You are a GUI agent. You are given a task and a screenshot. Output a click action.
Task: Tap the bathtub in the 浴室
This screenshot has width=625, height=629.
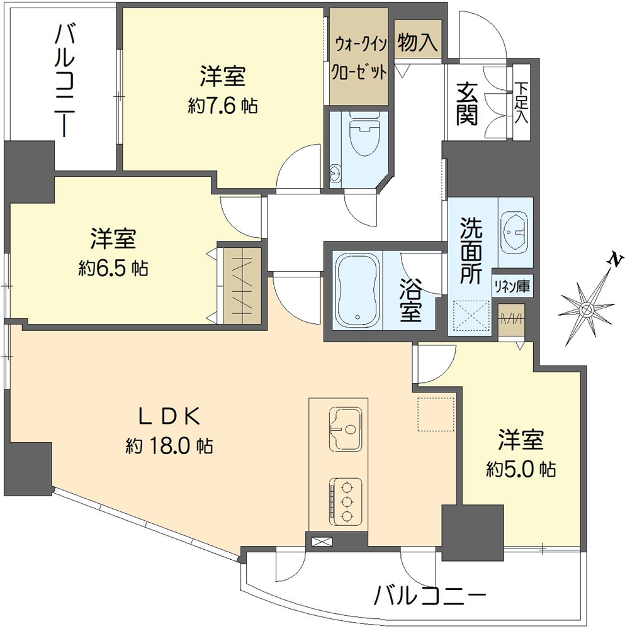point(358,289)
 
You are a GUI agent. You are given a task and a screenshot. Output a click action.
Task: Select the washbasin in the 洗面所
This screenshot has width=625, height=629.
point(515,231)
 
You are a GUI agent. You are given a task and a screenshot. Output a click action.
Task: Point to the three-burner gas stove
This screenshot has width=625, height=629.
point(345,501)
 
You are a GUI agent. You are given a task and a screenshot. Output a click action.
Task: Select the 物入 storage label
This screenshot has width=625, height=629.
point(417,43)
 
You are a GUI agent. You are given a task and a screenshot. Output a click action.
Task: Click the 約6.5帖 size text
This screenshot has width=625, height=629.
point(113,269)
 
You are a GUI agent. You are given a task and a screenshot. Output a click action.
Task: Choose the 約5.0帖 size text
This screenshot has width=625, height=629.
point(521,469)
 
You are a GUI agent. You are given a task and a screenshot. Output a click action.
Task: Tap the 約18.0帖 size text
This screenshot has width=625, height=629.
point(169,446)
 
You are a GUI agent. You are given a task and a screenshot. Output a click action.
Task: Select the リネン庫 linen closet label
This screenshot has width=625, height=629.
point(511,287)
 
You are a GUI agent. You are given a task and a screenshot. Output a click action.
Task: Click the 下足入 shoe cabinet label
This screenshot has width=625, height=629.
point(522,103)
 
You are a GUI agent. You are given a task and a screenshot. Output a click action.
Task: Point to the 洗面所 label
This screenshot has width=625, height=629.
point(471,252)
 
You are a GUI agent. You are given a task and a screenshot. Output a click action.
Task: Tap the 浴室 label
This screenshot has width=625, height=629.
point(410,300)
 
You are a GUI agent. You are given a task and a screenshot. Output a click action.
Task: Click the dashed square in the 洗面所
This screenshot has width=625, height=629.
point(471,315)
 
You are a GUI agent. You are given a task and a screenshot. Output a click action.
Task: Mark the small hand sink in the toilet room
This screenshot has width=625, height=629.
point(335,173)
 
